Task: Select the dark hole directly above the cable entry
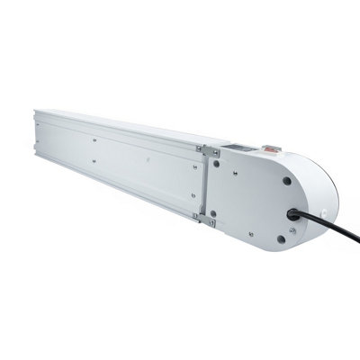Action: coord(286,180)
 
